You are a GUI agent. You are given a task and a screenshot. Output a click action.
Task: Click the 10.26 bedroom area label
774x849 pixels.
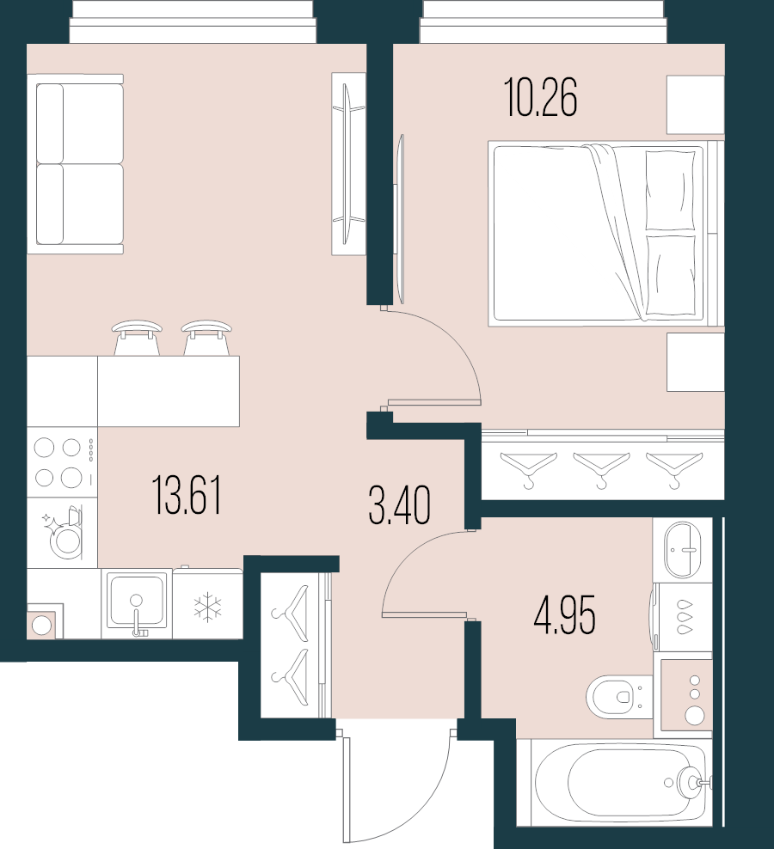point(542,98)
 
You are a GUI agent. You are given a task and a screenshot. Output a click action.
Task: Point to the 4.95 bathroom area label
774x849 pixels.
point(564,615)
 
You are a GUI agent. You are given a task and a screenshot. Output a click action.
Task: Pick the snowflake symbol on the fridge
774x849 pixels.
point(207,607)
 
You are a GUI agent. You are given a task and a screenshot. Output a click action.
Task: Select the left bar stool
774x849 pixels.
point(137,337)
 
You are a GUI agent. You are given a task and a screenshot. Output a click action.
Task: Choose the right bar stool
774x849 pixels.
point(206,337)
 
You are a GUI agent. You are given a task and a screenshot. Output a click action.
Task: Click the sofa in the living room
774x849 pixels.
point(77,163)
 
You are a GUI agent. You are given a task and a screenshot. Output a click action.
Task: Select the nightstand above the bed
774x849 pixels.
point(696,104)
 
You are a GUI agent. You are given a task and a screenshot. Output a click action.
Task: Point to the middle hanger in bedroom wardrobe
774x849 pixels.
point(601,467)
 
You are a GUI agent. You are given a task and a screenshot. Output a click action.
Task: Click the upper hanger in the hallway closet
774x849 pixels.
point(292,606)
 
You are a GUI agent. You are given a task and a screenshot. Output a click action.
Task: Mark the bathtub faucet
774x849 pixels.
point(693,782)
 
